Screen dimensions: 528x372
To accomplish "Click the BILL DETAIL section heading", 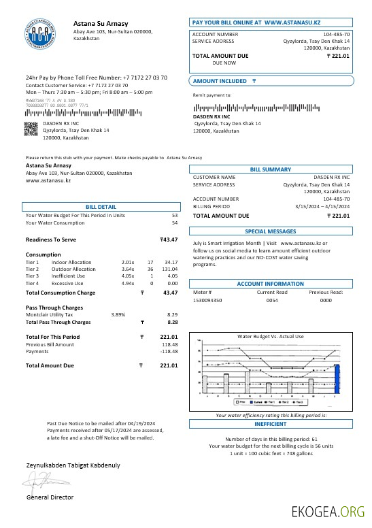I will (x=101, y=206).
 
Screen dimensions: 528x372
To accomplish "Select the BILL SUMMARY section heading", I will (x=270, y=169).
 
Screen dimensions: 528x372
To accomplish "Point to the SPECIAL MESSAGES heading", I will (x=270, y=231).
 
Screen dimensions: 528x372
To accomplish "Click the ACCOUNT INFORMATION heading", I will (x=270, y=284).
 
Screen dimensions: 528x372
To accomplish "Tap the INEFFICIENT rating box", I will (x=270, y=423).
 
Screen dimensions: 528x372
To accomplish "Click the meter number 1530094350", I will (x=207, y=300).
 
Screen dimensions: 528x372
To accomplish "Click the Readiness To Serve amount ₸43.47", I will (x=168, y=240).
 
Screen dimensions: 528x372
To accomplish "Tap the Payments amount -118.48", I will (x=169, y=352).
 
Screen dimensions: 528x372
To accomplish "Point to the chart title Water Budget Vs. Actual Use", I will (x=270, y=337).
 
